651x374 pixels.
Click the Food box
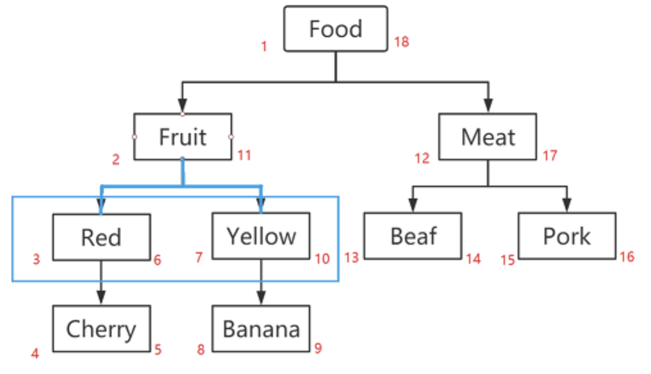(x=336, y=29)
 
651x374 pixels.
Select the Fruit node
(x=183, y=136)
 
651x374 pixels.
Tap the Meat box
(x=488, y=136)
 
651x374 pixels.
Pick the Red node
(x=101, y=237)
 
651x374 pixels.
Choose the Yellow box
(x=261, y=236)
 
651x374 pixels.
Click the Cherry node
(x=101, y=329)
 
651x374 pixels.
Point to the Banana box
(x=261, y=329)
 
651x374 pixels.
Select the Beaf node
(x=413, y=236)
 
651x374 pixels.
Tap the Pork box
(x=566, y=236)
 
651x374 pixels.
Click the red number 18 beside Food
(x=402, y=42)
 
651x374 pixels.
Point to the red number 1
(x=264, y=46)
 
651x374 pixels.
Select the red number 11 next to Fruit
(x=245, y=155)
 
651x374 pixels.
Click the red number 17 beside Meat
(x=550, y=155)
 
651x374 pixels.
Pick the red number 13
(x=351, y=257)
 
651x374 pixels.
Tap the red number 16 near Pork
(x=627, y=257)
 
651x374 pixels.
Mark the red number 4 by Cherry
(x=35, y=353)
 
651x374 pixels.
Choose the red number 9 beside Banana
(x=318, y=349)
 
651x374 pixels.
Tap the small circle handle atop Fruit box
(x=183, y=113)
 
